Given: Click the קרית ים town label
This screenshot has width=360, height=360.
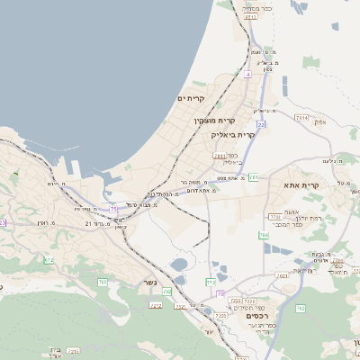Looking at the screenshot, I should click(192, 98).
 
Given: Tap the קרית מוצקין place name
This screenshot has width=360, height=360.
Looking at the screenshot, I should click(214, 120).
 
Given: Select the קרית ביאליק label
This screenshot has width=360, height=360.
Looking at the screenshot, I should click(234, 134).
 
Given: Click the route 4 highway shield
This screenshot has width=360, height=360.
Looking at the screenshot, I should click(247, 75).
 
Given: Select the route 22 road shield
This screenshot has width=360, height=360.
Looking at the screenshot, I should click(261, 124).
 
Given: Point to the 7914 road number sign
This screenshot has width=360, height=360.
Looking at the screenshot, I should click(301, 118).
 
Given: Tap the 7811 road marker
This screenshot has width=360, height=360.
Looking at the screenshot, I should click(220, 155).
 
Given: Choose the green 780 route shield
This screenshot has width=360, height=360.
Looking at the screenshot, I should click(264, 235).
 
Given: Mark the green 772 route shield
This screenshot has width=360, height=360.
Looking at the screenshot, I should click(211, 282).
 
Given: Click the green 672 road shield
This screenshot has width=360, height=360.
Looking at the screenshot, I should click(49, 260).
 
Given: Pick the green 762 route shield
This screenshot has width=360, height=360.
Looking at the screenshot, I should click(301, 309).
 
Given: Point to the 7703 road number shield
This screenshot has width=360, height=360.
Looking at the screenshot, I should click(274, 217).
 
